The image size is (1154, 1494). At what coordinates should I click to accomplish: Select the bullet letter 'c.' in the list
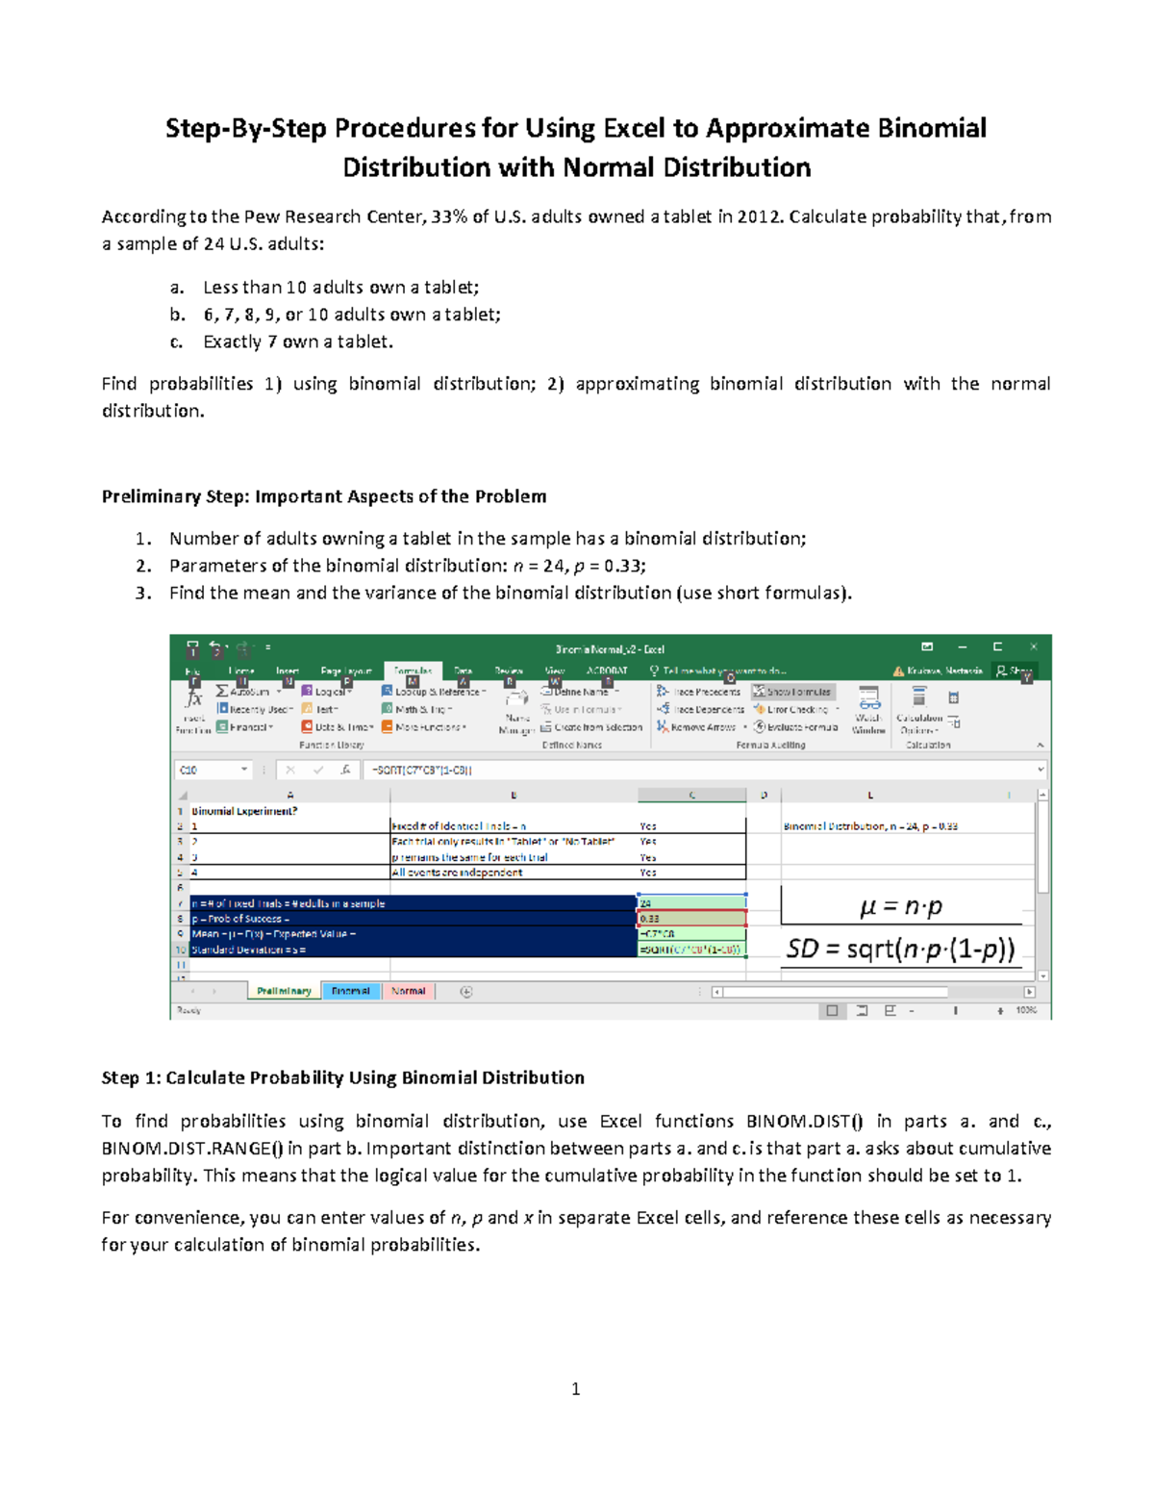click(176, 342)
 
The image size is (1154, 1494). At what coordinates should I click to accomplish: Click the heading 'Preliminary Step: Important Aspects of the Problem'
click(324, 496)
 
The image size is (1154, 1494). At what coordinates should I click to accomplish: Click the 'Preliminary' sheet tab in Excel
click(284, 991)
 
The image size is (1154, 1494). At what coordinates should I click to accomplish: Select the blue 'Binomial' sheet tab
click(351, 991)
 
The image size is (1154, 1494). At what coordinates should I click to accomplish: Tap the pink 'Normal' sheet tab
click(409, 991)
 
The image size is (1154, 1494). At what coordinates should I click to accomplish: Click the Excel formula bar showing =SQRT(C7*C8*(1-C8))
click(673, 770)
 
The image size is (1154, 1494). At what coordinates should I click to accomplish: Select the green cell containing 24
click(690, 903)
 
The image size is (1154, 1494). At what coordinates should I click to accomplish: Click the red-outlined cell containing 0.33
click(690, 919)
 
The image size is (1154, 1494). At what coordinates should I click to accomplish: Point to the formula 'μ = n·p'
click(901, 907)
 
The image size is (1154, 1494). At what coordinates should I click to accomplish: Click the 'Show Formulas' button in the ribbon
click(794, 692)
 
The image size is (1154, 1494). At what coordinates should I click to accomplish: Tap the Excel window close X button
click(1034, 647)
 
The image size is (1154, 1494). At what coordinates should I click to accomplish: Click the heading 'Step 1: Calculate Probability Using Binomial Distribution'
click(343, 1077)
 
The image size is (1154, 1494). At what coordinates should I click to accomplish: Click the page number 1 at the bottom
click(575, 1388)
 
